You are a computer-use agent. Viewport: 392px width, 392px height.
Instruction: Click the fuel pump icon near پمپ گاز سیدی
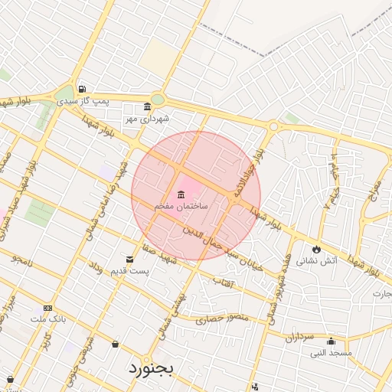pyautogui.click(x=82, y=89)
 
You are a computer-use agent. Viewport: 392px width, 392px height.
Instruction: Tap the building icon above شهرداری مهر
pyautogui.click(x=148, y=107)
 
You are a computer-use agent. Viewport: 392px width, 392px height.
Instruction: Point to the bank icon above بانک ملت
pyautogui.click(x=49, y=308)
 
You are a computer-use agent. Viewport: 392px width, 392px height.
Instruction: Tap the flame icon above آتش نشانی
pyautogui.click(x=315, y=249)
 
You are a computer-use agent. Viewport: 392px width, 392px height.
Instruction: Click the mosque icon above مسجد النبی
pyautogui.click(x=331, y=341)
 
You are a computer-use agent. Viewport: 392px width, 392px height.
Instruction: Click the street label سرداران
pyautogui.click(x=300, y=336)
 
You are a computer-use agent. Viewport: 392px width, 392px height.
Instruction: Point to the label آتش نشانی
pyautogui.click(x=316, y=261)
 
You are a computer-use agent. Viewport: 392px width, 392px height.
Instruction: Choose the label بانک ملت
pyautogui.click(x=49, y=318)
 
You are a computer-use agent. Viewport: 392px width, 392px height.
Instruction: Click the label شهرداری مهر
pyautogui.click(x=148, y=119)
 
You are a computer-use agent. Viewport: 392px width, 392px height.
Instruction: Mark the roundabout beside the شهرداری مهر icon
pyautogui.click(x=158, y=100)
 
